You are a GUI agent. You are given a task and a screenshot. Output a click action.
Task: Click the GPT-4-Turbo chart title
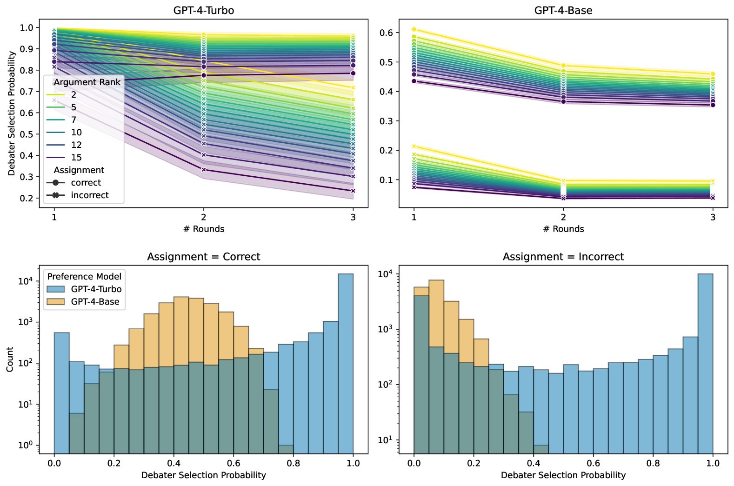(x=204, y=10)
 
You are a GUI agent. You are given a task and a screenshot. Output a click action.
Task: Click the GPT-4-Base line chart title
(x=563, y=10)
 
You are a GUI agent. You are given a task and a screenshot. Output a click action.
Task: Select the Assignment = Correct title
(x=204, y=257)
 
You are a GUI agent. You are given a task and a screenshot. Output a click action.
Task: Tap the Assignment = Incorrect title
(x=563, y=257)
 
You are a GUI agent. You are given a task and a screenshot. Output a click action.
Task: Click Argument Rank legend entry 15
(x=76, y=158)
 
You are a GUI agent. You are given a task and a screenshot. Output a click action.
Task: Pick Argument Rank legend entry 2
(x=73, y=95)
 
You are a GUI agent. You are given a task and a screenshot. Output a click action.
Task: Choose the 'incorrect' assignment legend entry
(x=89, y=195)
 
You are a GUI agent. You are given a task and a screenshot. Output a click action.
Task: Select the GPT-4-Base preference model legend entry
(x=95, y=302)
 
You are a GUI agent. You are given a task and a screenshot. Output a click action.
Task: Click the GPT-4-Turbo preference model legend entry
(x=96, y=289)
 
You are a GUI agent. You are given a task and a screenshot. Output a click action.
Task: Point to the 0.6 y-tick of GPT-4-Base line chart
(x=387, y=33)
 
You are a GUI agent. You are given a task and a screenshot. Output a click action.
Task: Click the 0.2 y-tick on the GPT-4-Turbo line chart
(x=27, y=198)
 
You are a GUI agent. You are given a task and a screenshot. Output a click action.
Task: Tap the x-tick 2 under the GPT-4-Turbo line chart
(x=204, y=217)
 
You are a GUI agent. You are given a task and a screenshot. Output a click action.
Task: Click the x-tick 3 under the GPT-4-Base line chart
(x=713, y=217)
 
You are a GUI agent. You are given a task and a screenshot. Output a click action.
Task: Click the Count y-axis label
(x=10, y=359)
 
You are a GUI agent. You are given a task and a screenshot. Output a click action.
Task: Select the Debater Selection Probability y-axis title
(x=12, y=113)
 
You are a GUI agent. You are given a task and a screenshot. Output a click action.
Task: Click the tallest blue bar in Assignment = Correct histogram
(x=346, y=363)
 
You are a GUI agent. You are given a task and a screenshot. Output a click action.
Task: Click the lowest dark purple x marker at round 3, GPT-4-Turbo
(x=353, y=191)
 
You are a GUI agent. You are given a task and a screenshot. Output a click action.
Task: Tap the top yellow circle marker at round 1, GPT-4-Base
(x=414, y=29)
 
